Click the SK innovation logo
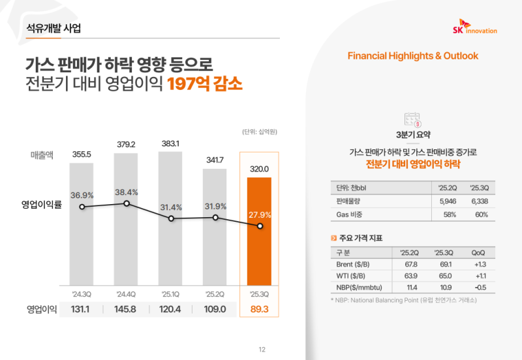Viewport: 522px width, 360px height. click(474, 28)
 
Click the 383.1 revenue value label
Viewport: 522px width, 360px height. click(171, 143)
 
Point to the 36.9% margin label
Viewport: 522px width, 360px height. click(83, 195)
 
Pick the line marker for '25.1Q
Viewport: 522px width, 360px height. click(171, 219)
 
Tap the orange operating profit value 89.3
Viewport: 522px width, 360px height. click(260, 308)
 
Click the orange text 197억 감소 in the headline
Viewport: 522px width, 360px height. click(204, 85)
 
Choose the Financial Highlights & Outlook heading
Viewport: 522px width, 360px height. click(413, 56)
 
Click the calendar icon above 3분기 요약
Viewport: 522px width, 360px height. click(412, 119)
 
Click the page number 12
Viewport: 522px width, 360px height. click(262, 350)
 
